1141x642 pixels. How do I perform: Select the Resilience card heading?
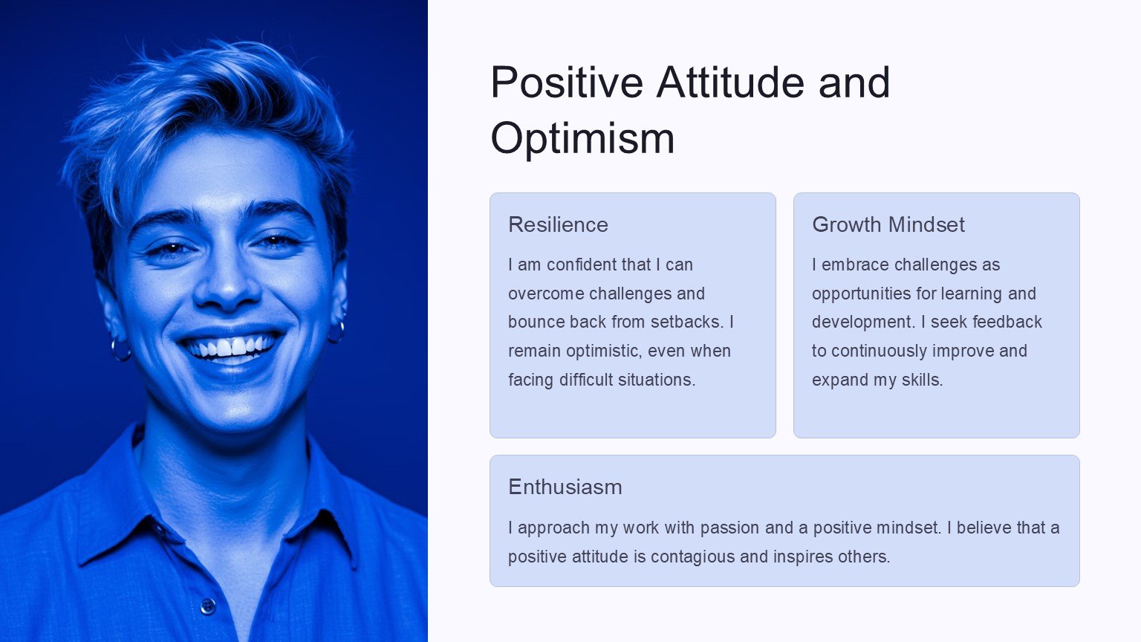point(559,224)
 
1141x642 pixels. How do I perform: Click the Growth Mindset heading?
point(888,224)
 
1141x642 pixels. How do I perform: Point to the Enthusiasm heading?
point(565,487)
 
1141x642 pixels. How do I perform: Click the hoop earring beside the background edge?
point(121,351)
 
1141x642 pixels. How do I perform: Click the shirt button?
point(208,606)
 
